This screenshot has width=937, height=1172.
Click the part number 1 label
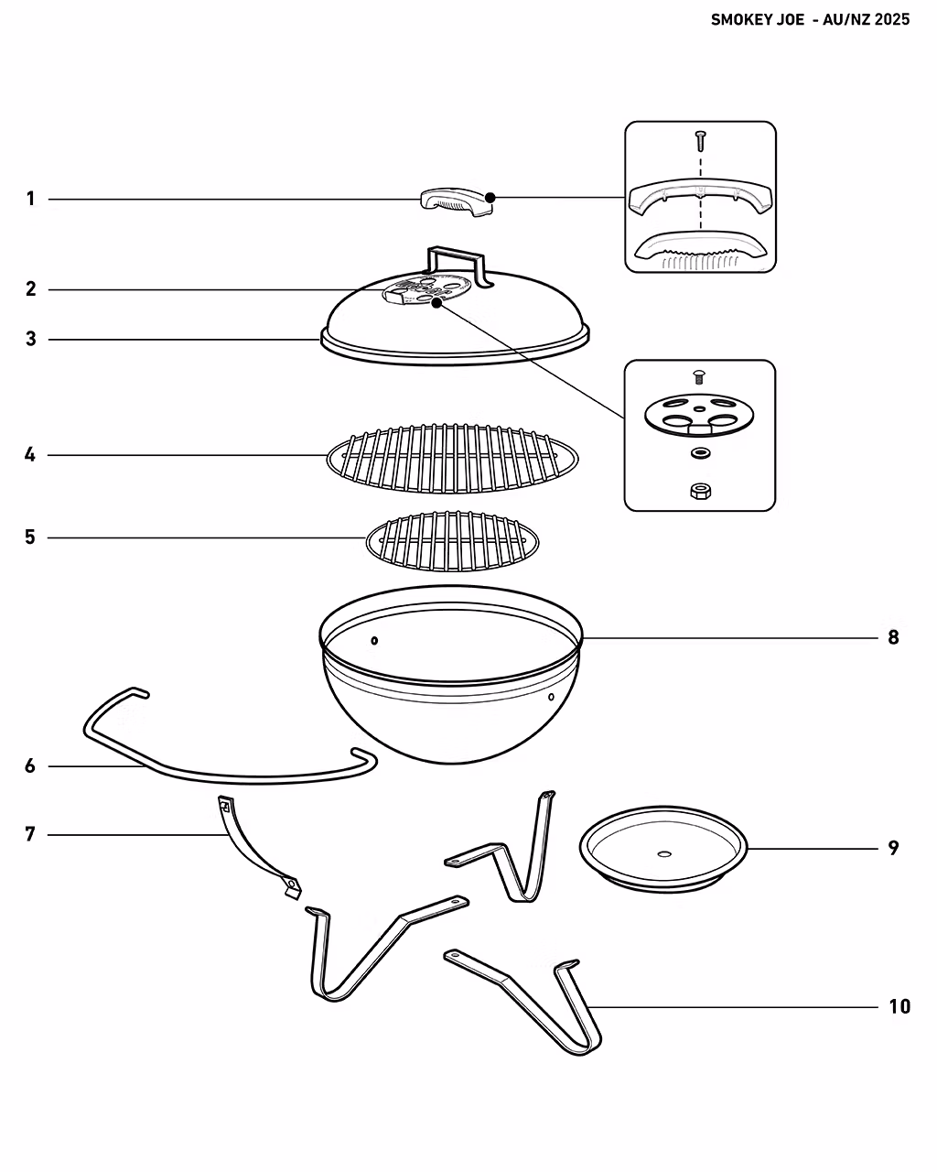click(x=31, y=199)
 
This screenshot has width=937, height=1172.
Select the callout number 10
click(x=899, y=1006)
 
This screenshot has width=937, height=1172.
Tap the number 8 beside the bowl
click(x=893, y=637)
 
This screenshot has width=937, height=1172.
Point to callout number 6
click(x=30, y=766)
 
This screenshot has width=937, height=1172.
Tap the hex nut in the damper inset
click(x=700, y=492)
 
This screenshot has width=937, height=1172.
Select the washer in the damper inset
click(x=700, y=452)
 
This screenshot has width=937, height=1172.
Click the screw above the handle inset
click(x=701, y=140)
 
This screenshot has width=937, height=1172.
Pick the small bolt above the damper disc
click(x=700, y=377)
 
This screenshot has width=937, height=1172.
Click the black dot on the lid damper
click(x=436, y=303)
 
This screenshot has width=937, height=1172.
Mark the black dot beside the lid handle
click(x=490, y=198)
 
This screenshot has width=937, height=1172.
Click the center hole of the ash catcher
click(x=664, y=854)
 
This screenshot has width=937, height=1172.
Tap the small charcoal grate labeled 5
click(x=452, y=541)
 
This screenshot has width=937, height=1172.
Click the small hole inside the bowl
click(x=374, y=640)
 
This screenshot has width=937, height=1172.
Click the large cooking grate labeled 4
click(x=452, y=459)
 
